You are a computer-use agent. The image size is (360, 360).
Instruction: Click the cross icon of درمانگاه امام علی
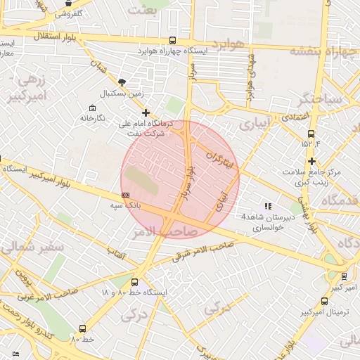click(x=146, y=112)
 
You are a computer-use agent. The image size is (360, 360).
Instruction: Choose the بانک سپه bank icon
click(x=126, y=195)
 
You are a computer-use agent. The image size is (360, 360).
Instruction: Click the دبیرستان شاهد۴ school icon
click(x=267, y=206)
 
